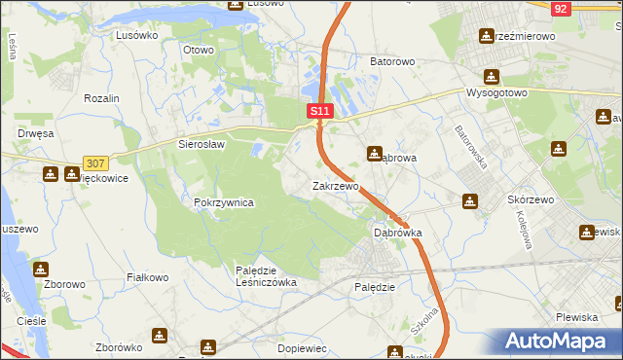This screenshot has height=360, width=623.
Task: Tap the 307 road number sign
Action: coord(95,163)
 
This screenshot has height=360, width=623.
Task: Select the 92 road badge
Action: coord(560,9)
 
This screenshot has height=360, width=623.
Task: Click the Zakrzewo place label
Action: coord(335,185)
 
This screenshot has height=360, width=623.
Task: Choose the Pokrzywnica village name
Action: coord(224,202)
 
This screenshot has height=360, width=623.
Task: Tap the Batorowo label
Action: coord(392,61)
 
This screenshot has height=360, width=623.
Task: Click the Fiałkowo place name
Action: coord(148,277)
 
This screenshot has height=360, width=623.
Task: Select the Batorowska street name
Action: coord(471,147)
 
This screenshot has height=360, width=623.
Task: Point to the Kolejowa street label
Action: coord(522,231)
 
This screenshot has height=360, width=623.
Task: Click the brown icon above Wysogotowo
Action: coord(492,76)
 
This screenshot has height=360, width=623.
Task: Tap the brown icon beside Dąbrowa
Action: coord(374,154)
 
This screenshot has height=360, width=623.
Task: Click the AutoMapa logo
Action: coord(559,341)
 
